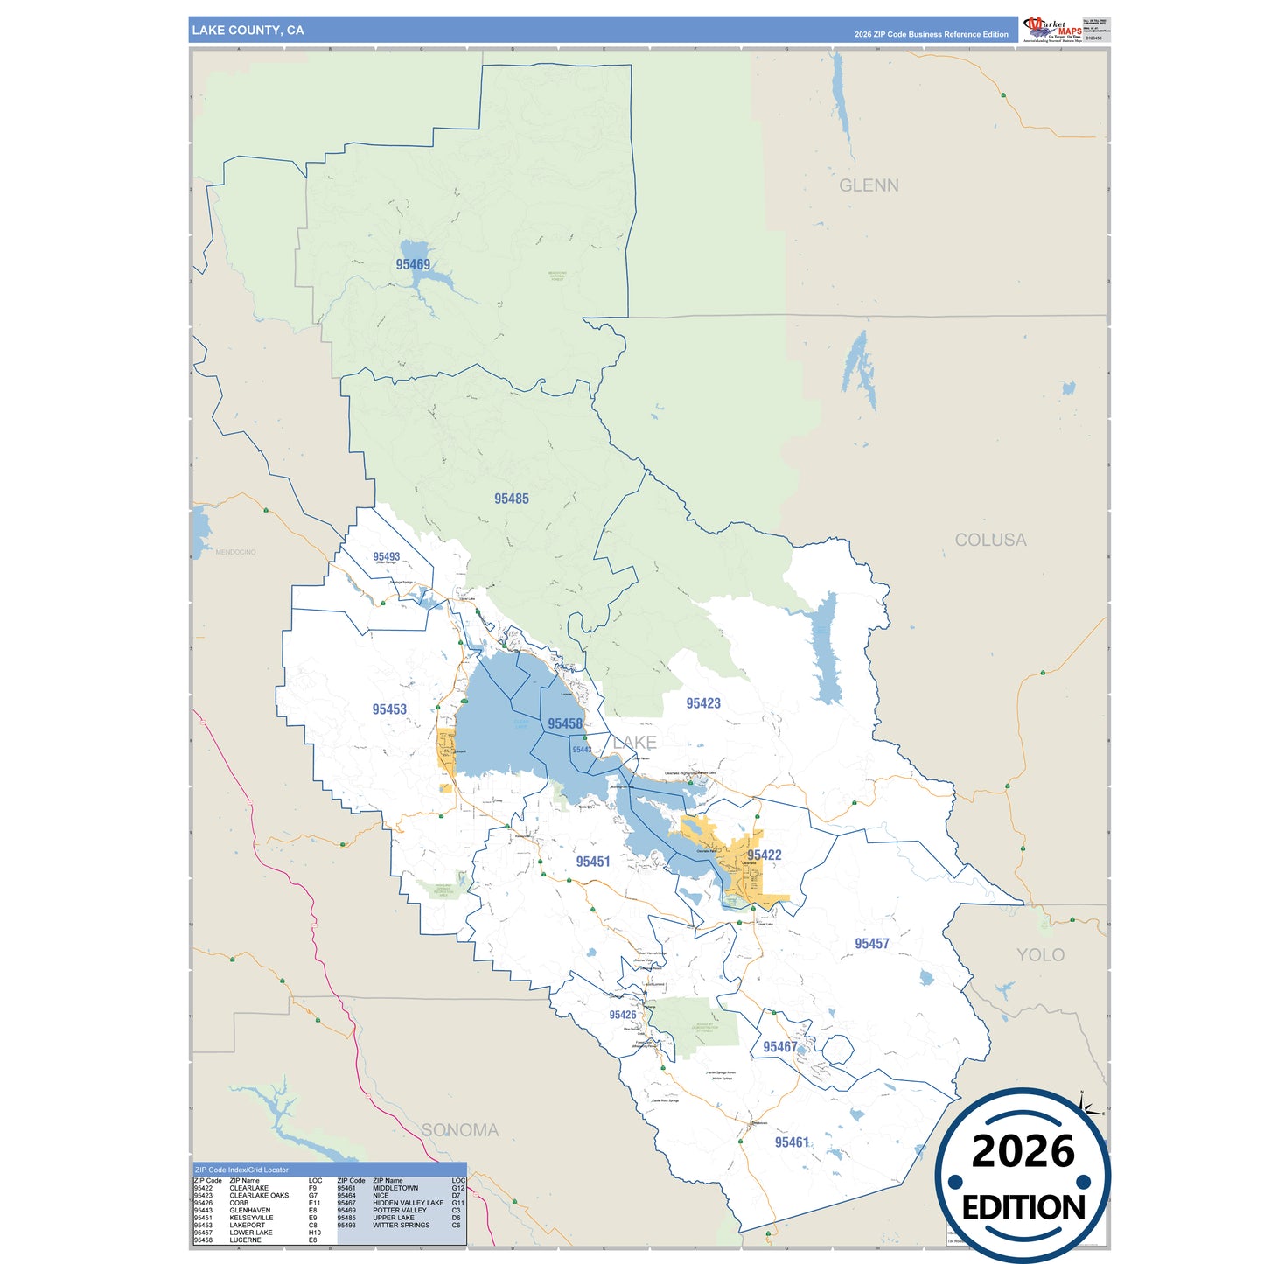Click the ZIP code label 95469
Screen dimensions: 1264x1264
pyautogui.click(x=413, y=264)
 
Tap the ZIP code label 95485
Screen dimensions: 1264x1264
pyautogui.click(x=512, y=499)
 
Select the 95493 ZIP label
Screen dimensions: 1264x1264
pyautogui.click(x=386, y=556)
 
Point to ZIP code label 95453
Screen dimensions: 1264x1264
pyautogui.click(x=389, y=709)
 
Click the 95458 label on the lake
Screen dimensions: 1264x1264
pyautogui.click(x=565, y=723)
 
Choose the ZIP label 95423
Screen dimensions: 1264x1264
pyautogui.click(x=703, y=703)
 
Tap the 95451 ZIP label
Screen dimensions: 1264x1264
pyautogui.click(x=593, y=862)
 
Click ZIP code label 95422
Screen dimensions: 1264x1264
pyautogui.click(x=765, y=855)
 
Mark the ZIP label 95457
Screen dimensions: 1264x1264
pyautogui.click(x=872, y=944)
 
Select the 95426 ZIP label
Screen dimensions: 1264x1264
pyautogui.click(x=623, y=1015)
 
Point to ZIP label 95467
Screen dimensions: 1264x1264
pyautogui.click(x=779, y=1047)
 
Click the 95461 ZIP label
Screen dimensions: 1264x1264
pyautogui.click(x=792, y=1142)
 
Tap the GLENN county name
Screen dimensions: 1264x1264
pyautogui.click(x=869, y=185)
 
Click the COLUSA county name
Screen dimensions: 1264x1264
pyautogui.click(x=990, y=540)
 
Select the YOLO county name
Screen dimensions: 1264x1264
pyautogui.click(x=1040, y=955)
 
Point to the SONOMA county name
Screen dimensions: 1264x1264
pyautogui.click(x=460, y=1130)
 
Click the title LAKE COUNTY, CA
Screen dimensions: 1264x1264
pyautogui.click(x=248, y=31)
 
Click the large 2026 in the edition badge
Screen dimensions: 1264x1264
pyautogui.click(x=1023, y=1151)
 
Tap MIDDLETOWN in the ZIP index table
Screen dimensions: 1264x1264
pyautogui.click(x=395, y=1188)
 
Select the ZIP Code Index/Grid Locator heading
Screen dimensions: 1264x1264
pyautogui.click(x=241, y=1170)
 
